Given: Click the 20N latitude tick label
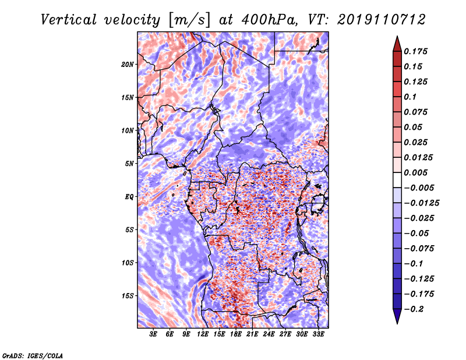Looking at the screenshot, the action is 128,64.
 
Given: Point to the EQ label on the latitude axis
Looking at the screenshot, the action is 129,197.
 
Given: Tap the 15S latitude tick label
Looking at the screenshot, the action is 128,296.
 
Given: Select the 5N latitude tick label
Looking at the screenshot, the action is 129,164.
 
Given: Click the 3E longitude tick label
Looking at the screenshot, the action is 153,334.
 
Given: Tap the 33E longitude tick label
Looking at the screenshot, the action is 318,334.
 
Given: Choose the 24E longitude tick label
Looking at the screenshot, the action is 269,334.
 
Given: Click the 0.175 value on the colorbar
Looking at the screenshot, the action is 415,51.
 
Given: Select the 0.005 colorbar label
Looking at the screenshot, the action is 415,172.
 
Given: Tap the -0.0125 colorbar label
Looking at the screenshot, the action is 421,203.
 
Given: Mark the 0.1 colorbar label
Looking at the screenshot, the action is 410,97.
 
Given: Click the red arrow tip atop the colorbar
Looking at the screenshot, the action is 397,37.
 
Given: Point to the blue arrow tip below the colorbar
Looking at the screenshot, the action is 397,323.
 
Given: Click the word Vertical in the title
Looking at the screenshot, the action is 69,20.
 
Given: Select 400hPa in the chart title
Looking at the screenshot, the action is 269,20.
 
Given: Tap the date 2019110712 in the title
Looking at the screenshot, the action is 382,20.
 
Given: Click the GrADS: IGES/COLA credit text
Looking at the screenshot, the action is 33,355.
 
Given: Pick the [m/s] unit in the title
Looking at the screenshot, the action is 189,20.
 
